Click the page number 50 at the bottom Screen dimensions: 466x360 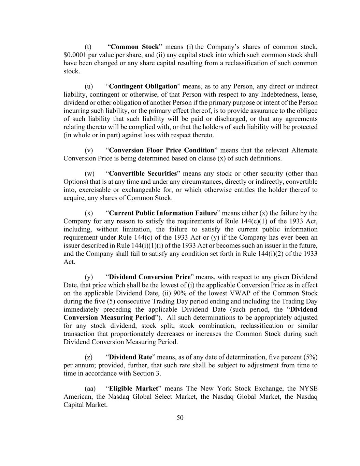click(x=180, y=418)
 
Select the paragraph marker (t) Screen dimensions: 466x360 click(x=88, y=47)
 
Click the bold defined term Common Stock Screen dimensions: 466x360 click(x=135, y=47)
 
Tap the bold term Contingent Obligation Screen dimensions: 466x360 click(x=143, y=86)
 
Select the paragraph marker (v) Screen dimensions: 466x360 click(x=89, y=150)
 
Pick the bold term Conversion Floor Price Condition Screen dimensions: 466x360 click(x=161, y=150)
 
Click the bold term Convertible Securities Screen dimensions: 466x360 click(x=143, y=173)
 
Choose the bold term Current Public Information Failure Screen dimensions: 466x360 click(x=163, y=213)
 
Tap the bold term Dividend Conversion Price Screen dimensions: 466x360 click(x=149, y=277)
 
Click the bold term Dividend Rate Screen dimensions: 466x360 click(x=130, y=357)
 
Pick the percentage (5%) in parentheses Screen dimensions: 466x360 click(x=310, y=357)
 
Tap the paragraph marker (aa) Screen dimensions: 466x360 click(x=90, y=389)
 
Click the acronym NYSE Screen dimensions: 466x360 click(x=308, y=389)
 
